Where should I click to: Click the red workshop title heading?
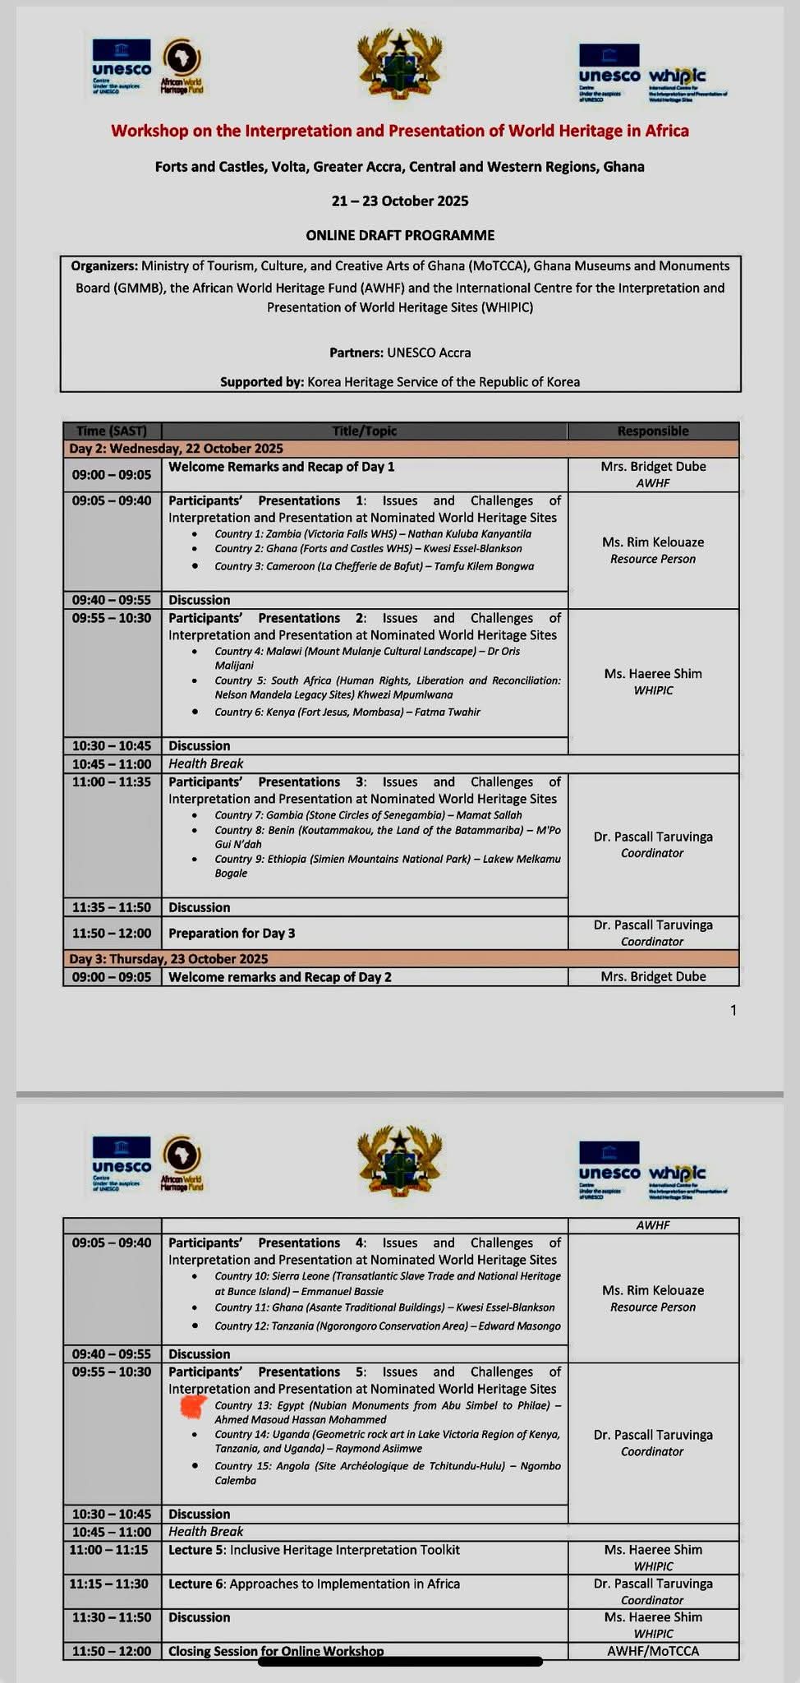coord(400,131)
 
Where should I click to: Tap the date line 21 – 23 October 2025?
coord(400,201)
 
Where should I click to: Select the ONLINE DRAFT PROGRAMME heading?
coord(400,235)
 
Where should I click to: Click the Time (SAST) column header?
coord(112,431)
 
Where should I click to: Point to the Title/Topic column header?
coord(364,431)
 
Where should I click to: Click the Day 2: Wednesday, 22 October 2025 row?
coord(177,449)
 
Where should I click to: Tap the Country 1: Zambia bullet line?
coord(373,534)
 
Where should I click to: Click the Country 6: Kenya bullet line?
coord(347,712)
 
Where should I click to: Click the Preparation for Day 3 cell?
coord(232,934)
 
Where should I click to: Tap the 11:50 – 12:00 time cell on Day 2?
coord(112,934)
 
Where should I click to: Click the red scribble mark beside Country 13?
coord(194,1406)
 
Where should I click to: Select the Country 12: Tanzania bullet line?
coord(388,1326)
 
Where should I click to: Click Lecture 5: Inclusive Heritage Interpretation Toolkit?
coord(314,1550)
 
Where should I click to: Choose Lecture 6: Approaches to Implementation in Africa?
coord(314,1584)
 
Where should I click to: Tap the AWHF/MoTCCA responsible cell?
coord(653,1651)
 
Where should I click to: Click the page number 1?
coord(733,1010)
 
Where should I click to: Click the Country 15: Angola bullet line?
coord(388,1473)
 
